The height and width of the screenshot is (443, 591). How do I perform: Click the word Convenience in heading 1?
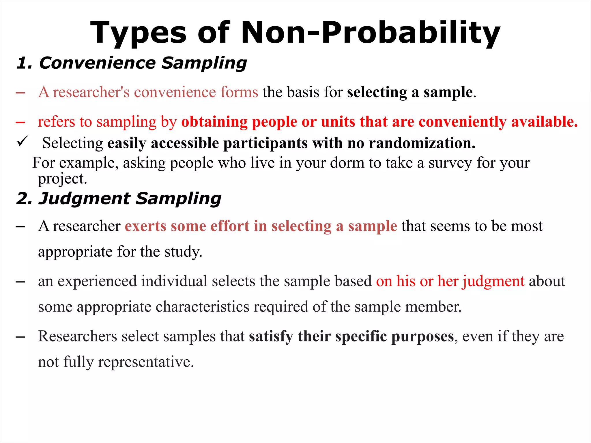pyautogui.click(x=97, y=63)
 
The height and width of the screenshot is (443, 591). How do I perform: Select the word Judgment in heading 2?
pyautogui.click(x=84, y=199)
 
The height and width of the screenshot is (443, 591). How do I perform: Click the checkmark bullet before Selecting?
pyautogui.click(x=22, y=141)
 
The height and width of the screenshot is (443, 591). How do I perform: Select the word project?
pyautogui.click(x=62, y=179)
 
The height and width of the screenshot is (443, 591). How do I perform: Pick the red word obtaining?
pyautogui.click(x=214, y=122)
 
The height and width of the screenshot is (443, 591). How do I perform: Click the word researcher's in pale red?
pyautogui.click(x=91, y=92)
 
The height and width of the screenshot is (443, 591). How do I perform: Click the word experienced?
pyautogui.click(x=97, y=281)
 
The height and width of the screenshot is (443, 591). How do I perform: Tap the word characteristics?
pyautogui.click(x=202, y=307)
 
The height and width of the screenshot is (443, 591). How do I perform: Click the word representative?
pyautogui.click(x=146, y=362)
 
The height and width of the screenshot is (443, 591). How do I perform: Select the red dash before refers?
pyautogui.click(x=20, y=122)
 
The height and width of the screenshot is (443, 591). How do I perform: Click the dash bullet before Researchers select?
pyautogui.click(x=20, y=337)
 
